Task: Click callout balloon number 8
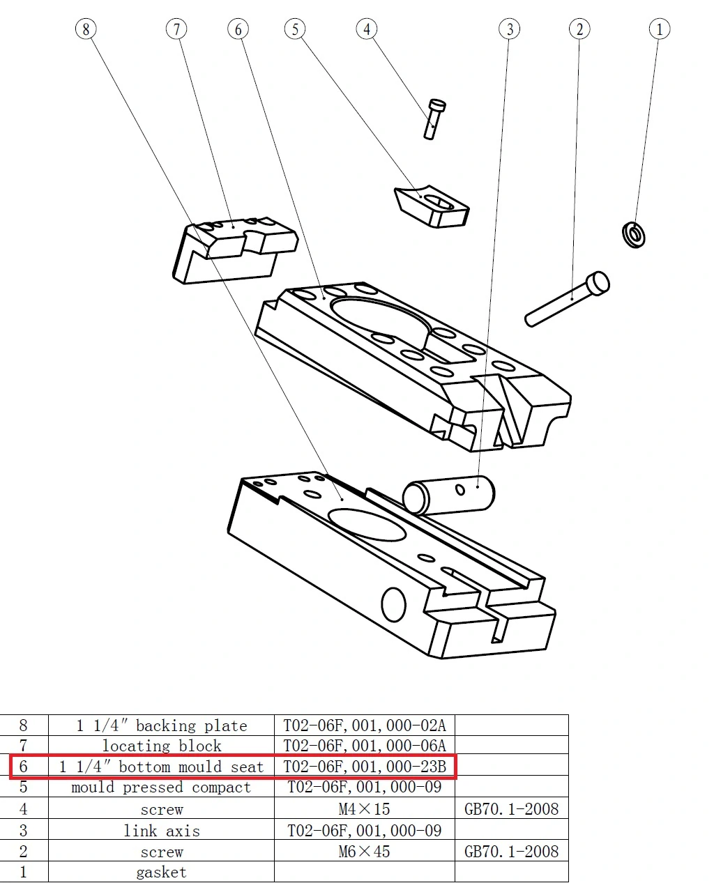86,29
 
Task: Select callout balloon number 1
659,29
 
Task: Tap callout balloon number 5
295,29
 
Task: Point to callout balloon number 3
510,29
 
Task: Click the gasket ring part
633,234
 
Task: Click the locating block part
234,251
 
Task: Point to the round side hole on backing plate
394,604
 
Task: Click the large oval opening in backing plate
367,524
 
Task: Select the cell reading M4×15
364,809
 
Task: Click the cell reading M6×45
364,852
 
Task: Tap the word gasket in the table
161,873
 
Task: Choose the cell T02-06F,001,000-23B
364,767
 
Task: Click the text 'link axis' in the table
161,831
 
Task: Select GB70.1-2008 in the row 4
511,809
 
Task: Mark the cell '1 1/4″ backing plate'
161,725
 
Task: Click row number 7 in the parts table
23,746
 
